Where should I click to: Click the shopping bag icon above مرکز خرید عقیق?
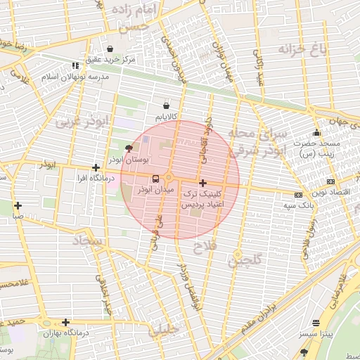coord(110,49)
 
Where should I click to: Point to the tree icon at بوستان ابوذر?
coord(128,148)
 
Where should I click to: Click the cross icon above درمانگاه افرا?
coord(96,168)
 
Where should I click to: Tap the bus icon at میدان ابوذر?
coord(168,179)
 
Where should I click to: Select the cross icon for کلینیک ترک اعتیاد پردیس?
coord(203,182)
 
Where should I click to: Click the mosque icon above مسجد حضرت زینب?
coord(317,132)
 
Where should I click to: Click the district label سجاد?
coord(87,241)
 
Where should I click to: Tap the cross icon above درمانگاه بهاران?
coord(65,322)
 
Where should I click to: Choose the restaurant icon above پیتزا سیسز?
coord(316,323)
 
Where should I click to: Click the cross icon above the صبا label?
coord(18,206)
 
